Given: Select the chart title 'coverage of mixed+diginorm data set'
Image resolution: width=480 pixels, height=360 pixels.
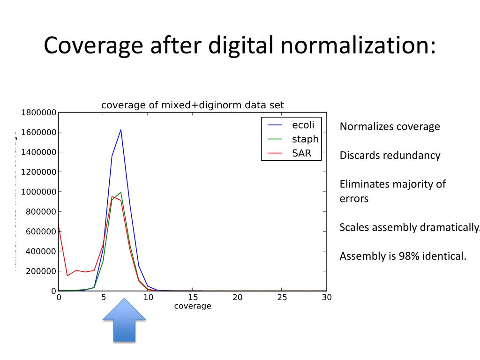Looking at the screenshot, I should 193,105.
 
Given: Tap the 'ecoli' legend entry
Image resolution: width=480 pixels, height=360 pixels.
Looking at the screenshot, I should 303,125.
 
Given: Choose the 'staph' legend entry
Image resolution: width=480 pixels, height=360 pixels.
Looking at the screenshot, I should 305,139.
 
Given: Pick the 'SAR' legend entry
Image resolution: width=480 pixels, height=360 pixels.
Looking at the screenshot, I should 301,153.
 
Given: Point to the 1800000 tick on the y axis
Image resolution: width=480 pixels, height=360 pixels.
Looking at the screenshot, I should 39,112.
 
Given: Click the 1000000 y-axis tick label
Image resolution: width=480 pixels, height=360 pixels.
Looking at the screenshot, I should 39,192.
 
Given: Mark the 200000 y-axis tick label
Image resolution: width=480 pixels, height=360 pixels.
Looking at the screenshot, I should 41,271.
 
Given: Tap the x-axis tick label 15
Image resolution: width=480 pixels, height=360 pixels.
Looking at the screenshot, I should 193,297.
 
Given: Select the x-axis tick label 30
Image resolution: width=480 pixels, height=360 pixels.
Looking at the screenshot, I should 326,297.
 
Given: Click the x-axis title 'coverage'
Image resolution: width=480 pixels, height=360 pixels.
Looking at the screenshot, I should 193,306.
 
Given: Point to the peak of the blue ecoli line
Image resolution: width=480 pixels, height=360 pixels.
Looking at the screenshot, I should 121,130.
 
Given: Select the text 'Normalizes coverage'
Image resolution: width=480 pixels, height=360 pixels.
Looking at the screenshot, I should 390,127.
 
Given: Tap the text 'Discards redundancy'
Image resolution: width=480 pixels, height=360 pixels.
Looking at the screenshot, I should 390,155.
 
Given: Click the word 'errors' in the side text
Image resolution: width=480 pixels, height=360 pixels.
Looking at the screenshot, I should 354,198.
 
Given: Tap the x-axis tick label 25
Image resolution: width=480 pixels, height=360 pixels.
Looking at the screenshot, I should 282,297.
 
